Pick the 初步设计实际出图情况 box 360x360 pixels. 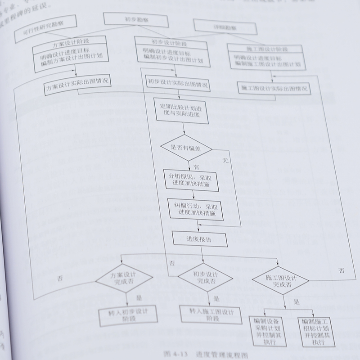click(177, 84)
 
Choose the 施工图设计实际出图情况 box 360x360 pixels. click(274, 87)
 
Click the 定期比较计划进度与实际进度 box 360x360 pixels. click(183, 110)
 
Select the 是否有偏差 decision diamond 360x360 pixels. click(186, 147)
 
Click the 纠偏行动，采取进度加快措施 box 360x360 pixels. click(195, 209)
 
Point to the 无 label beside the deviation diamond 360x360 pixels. click(226, 160)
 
